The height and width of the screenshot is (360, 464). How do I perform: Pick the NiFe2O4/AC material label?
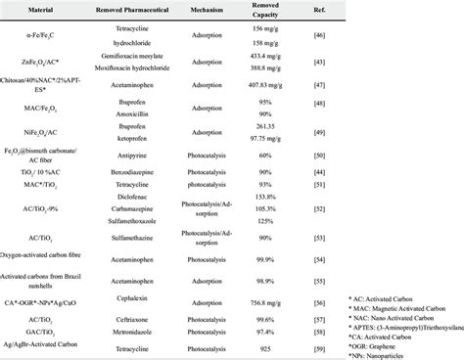point(45,129)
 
